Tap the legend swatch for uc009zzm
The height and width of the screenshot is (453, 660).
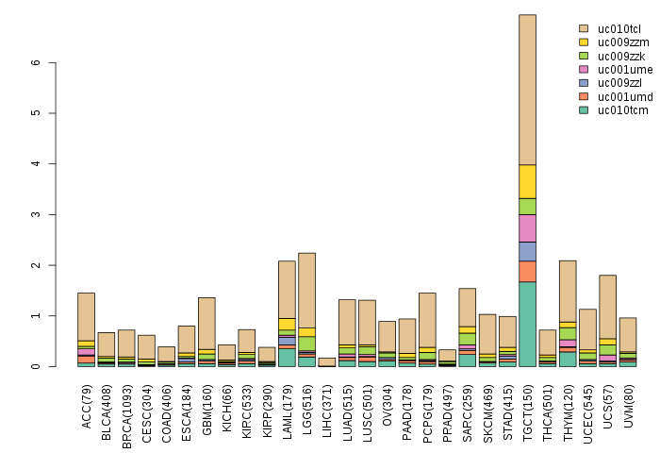pos(584,42)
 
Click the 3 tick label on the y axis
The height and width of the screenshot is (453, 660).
pos(37,215)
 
